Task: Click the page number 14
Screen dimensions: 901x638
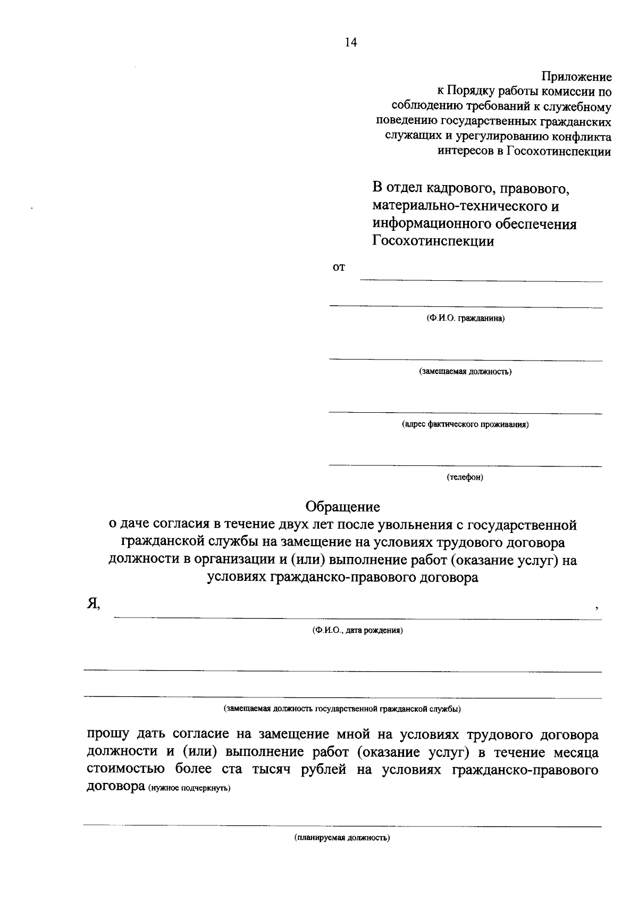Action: [351, 43]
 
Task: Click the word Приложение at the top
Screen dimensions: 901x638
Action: [576, 77]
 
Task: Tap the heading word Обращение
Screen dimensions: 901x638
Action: [342, 506]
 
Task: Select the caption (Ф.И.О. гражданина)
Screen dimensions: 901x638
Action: [465, 319]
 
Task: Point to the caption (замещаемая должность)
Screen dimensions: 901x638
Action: [465, 371]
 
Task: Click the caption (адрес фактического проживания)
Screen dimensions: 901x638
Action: [465, 424]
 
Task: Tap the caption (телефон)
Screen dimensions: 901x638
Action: [465, 477]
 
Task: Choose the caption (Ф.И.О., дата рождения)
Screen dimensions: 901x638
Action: [357, 631]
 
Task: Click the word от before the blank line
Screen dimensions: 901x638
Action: [339, 268]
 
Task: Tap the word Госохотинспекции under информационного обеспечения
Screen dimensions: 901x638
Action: [433, 241]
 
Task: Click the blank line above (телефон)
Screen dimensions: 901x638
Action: [465, 465]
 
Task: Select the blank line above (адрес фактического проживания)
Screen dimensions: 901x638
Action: [465, 413]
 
